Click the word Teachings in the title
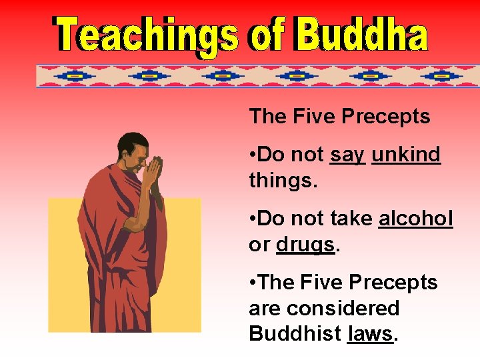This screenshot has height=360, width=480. pos(146,35)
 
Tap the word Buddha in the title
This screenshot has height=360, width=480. pos(361,35)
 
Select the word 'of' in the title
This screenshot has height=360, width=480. pos(267,35)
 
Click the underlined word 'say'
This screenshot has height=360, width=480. pos(347,155)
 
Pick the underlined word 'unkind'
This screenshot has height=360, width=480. pos(406,155)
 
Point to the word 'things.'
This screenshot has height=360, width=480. pos(281,181)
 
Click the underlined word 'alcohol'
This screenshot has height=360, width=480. pos(415,219)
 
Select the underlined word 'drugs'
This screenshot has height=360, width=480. pos(305,245)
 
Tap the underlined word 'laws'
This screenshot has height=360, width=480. pos(370,334)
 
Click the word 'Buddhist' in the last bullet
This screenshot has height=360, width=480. pos(295,334)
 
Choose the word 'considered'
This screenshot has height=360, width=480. pos(323,308)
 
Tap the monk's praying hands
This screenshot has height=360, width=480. pos(155,173)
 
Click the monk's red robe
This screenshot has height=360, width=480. pos(120,253)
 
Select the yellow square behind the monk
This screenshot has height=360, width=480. pos(180,300)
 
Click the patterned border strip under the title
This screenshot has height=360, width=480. pos(257,76)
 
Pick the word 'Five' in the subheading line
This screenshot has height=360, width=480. pos(313,117)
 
